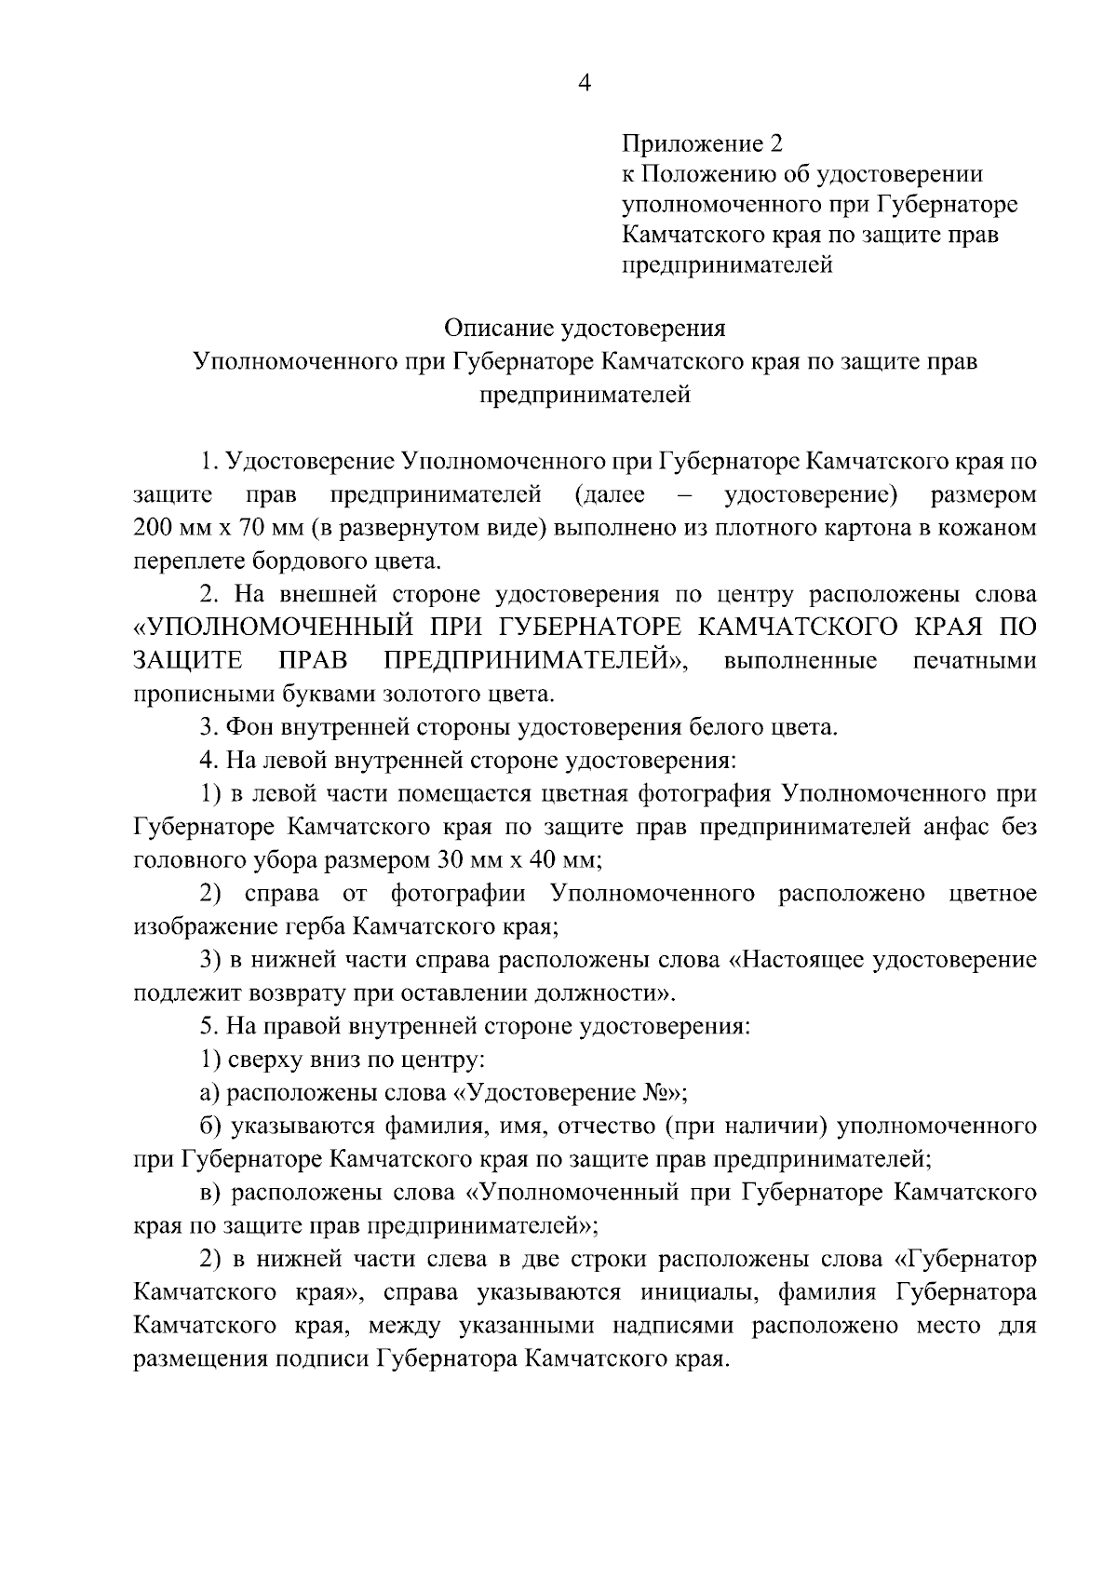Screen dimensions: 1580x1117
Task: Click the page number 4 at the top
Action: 585,84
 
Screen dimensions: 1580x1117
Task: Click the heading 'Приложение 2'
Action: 702,143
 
